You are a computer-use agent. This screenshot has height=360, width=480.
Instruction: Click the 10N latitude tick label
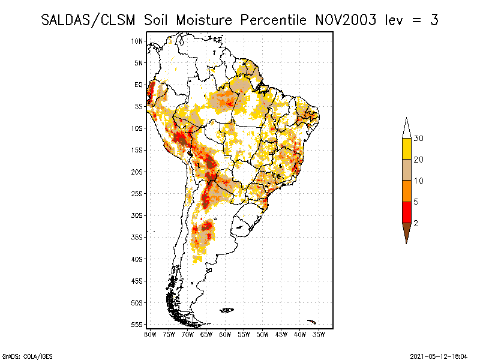[137, 41]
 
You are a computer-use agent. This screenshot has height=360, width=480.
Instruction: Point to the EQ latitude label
[139, 85]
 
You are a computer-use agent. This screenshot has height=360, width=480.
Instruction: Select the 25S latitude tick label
[137, 194]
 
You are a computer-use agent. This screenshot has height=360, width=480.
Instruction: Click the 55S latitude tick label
[137, 325]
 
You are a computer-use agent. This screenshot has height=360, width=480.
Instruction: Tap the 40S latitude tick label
[137, 259]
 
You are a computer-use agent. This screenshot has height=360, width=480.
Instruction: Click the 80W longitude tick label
[150, 334]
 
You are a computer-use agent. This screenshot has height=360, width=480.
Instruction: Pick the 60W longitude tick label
[225, 334]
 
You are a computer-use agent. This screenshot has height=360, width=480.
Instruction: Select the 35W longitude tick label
[319, 334]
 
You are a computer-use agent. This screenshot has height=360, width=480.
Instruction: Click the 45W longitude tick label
[281, 334]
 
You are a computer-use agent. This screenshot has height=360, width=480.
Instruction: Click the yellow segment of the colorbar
[407, 149]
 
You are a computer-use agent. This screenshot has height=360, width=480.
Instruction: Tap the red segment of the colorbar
[407, 212]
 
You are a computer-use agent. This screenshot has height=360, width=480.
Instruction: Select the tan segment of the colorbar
[407, 170]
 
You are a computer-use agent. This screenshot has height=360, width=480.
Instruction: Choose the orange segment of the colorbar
[407, 191]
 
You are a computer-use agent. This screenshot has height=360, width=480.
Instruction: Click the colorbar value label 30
[419, 139]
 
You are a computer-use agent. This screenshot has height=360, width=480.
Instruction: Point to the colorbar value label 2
[416, 223]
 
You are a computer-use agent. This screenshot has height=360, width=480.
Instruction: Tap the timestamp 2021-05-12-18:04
[438, 355]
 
